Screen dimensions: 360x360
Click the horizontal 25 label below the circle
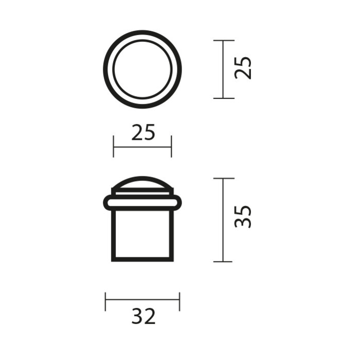point(143,133)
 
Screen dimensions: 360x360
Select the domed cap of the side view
point(142,185)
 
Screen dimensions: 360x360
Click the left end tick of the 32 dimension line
point(105,301)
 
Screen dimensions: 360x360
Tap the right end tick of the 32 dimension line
point(179,301)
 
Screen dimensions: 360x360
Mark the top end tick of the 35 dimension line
point(223,178)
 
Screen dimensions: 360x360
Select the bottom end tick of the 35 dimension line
point(223,261)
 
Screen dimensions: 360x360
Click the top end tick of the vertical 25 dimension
point(223,40)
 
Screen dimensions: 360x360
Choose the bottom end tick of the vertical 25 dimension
point(223,98)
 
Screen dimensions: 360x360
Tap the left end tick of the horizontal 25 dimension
point(114,147)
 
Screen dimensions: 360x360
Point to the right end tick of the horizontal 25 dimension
point(171,147)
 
